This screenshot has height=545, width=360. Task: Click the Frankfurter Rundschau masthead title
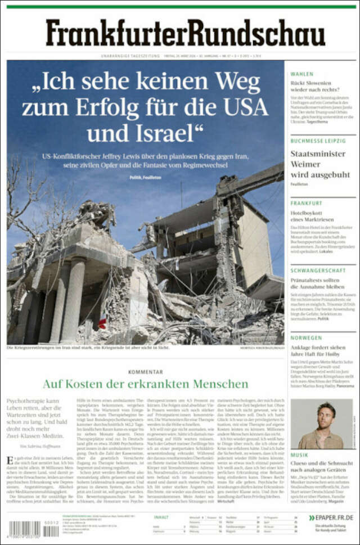pyautogui.click(x=185, y=32)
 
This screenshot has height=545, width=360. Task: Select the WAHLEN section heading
pyautogui.click(x=302, y=74)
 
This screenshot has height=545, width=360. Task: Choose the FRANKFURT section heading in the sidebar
pyautogui.click(x=307, y=203)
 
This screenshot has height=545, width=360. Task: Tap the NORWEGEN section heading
pyautogui.click(x=306, y=338)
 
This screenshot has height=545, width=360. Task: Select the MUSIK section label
pyautogui.click(x=299, y=454)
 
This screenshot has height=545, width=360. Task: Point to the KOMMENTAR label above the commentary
pyautogui.click(x=145, y=372)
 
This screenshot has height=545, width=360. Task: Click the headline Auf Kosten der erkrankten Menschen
pyautogui.click(x=145, y=384)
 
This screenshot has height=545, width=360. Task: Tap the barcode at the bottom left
pyautogui.click(x=25, y=529)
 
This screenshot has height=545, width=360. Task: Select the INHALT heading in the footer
pyautogui.click(x=161, y=517)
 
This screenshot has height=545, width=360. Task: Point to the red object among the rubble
pyautogui.click(x=102, y=324)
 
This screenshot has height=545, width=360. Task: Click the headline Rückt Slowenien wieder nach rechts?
pyautogui.click(x=316, y=86)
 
